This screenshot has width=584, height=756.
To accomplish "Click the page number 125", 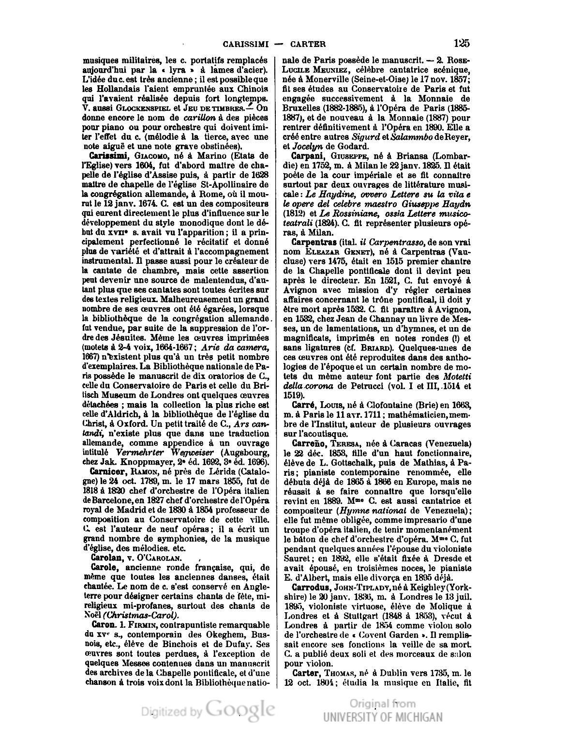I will pos(462,43).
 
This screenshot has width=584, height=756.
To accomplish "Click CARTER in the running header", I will pos(308,44).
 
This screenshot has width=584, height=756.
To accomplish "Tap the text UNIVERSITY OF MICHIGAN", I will pos(383,717).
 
